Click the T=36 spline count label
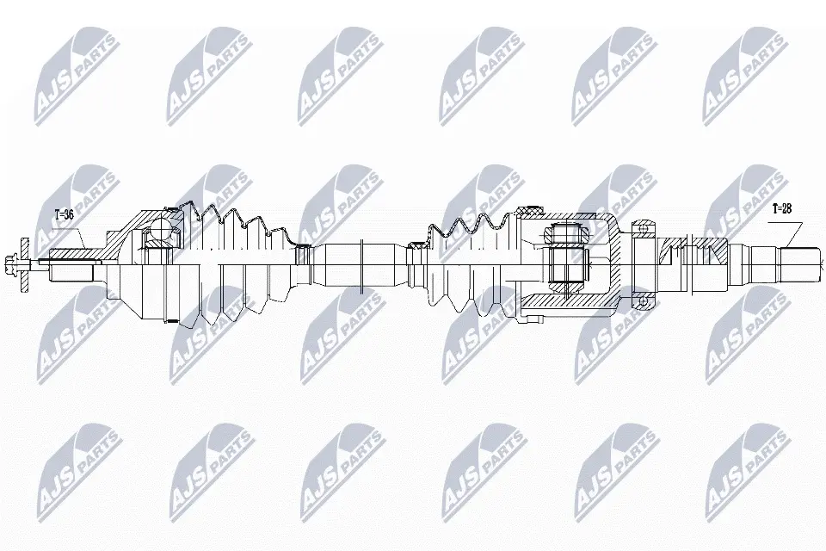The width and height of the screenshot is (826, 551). [65, 214]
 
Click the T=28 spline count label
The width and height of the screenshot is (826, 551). [782, 208]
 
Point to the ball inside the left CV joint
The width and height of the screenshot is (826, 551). [158, 231]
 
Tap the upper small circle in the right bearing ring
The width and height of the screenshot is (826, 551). [642, 228]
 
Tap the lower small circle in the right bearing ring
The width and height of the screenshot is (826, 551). [642, 300]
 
